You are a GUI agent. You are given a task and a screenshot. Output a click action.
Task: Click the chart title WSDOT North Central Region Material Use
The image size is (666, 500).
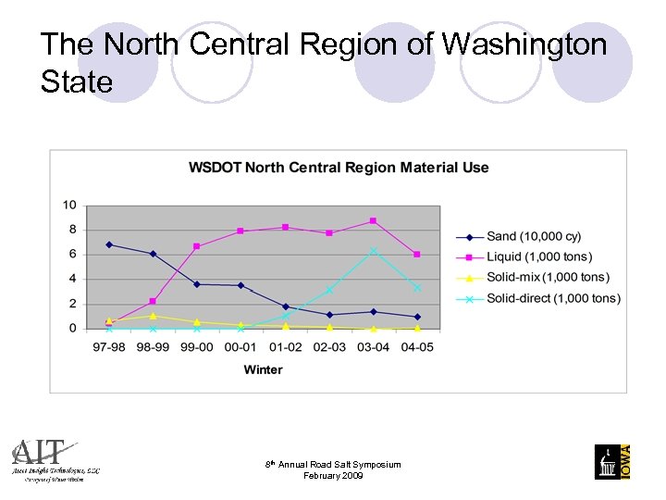pyautogui.click(x=339, y=168)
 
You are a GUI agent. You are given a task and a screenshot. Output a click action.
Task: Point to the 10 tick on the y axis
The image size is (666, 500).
pyautogui.click(x=69, y=205)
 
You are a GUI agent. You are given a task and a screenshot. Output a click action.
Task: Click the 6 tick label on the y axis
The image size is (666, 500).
pyautogui.click(x=72, y=254)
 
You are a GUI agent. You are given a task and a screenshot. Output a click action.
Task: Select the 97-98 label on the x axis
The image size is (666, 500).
pyautogui.click(x=109, y=346)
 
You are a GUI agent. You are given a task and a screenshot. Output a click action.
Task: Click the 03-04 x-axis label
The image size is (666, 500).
pyautogui.click(x=373, y=346)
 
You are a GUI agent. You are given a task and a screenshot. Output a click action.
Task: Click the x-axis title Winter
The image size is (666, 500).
pyautogui.click(x=263, y=369)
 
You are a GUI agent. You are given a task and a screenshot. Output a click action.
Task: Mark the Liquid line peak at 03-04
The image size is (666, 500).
pyautogui.click(x=373, y=220)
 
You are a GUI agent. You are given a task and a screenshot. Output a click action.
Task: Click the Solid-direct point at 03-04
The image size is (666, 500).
pyautogui.click(x=373, y=251)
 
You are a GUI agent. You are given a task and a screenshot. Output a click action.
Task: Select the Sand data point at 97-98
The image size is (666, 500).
pyautogui.click(x=109, y=244)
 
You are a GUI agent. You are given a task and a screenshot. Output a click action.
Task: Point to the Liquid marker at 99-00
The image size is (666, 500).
pyautogui.click(x=197, y=246)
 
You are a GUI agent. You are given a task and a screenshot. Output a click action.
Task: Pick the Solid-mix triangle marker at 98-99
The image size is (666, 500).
pyautogui.click(x=153, y=316)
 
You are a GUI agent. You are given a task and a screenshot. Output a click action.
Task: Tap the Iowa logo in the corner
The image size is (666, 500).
pyautogui.click(x=611, y=461)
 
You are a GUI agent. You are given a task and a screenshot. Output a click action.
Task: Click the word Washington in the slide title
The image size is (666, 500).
pyautogui.click(x=524, y=44)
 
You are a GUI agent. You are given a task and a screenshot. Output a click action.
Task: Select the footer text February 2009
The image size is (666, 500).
pyautogui.click(x=333, y=476)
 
